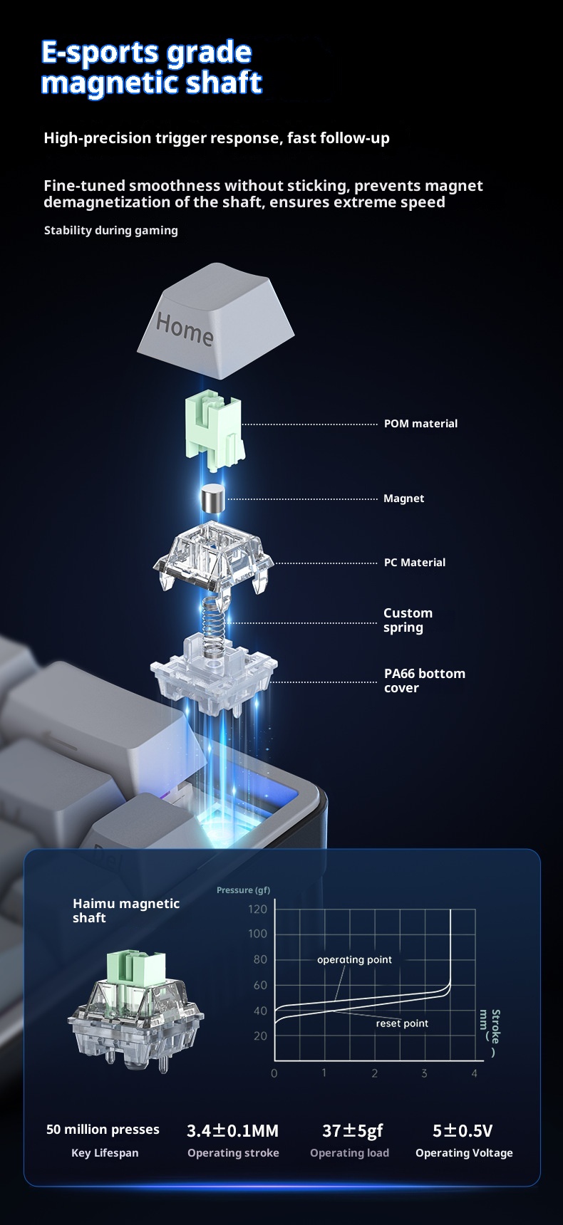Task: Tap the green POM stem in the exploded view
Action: pyautogui.click(x=214, y=427)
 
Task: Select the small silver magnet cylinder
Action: pyautogui.click(x=212, y=498)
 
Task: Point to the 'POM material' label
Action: pyautogui.click(x=420, y=424)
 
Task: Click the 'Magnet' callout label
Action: pyautogui.click(x=403, y=499)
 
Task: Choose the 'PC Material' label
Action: pyautogui.click(x=415, y=563)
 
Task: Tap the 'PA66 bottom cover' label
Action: pyautogui.click(x=424, y=680)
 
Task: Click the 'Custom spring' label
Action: pyautogui.click(x=408, y=620)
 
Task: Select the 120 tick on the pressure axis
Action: pyautogui.click(x=258, y=909)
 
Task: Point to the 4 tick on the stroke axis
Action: pyautogui.click(x=475, y=1073)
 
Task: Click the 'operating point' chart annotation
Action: pyautogui.click(x=354, y=959)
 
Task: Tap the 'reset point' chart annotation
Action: pyautogui.click(x=402, y=1023)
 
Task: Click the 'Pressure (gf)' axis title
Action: pyautogui.click(x=243, y=890)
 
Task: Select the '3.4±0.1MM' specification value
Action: pyautogui.click(x=232, y=1131)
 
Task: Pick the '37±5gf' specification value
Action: pyautogui.click(x=352, y=1131)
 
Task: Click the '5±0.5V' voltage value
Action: pyautogui.click(x=463, y=1131)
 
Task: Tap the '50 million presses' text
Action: pyautogui.click(x=103, y=1130)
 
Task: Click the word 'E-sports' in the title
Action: pyautogui.click(x=100, y=53)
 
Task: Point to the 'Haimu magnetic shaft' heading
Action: pyautogui.click(x=126, y=910)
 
